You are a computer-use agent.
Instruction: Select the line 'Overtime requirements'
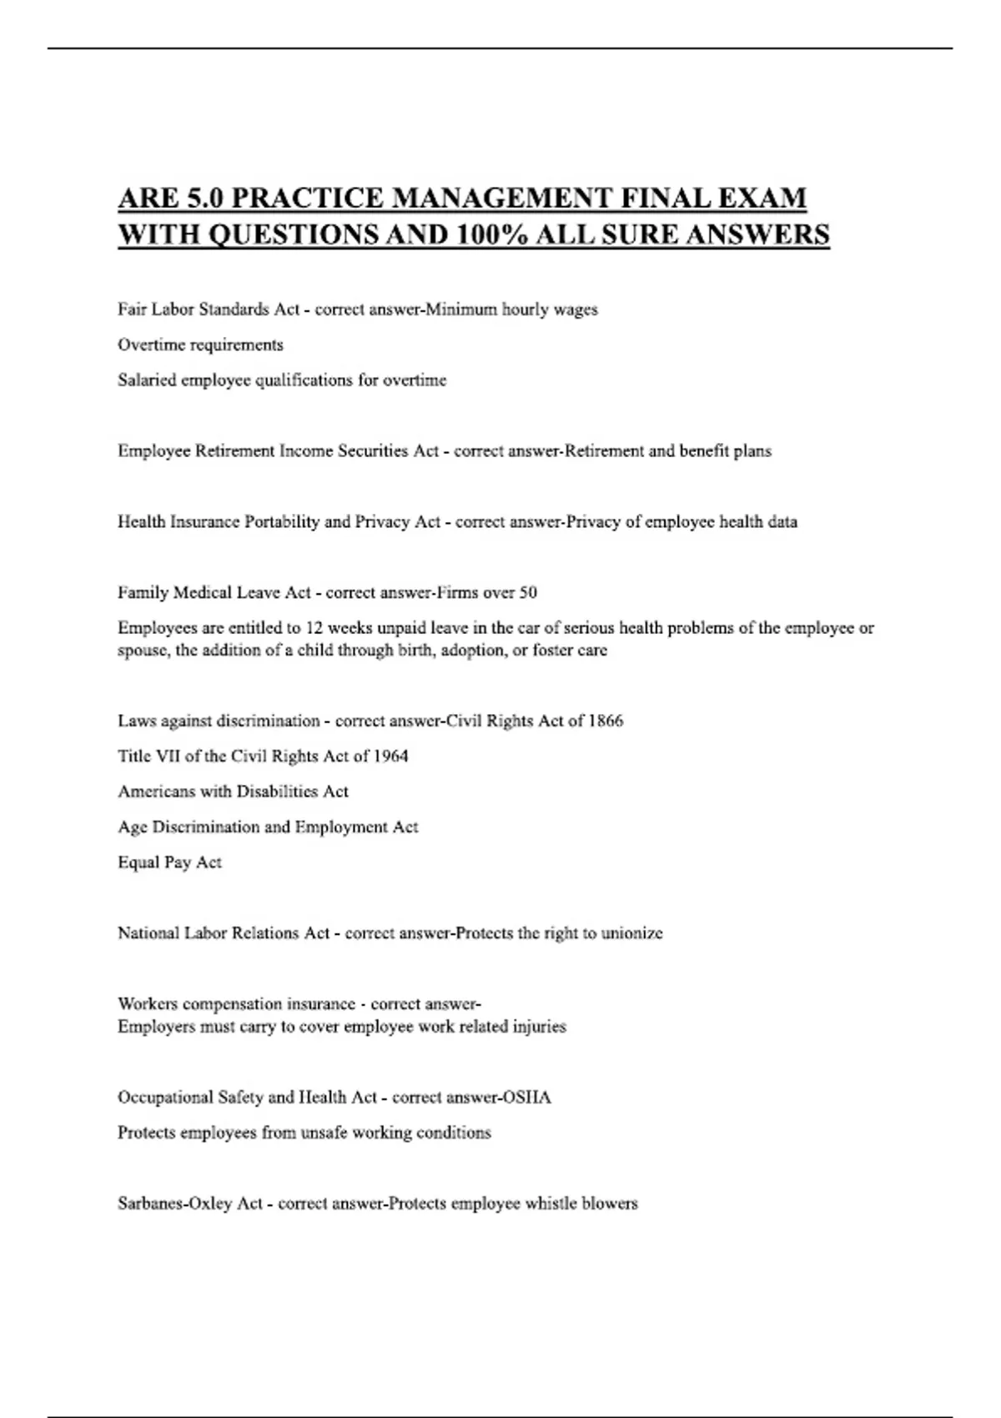[x=200, y=344]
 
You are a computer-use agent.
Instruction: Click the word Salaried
[x=147, y=380]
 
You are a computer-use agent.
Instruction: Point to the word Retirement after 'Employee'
[x=234, y=451]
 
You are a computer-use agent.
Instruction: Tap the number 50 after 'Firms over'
[x=528, y=593]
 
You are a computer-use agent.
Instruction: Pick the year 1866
[x=606, y=721]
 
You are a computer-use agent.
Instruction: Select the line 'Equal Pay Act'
[x=169, y=862]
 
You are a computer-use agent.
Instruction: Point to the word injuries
[x=540, y=1027]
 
